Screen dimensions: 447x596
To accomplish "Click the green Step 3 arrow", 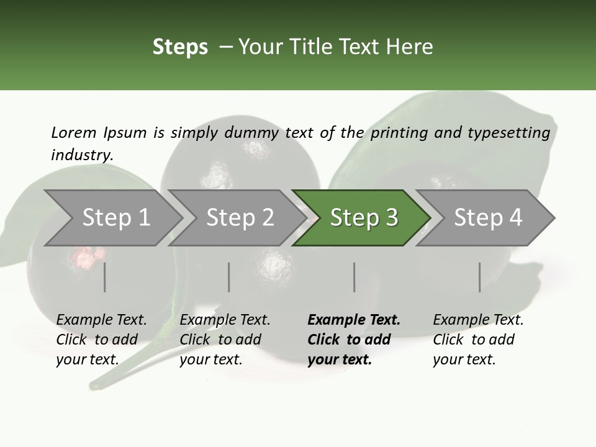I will coord(363,218).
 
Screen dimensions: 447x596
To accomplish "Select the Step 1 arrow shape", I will coord(115,218).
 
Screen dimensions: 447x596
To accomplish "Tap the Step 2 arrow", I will coord(240,218).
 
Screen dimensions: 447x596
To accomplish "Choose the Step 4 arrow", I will coord(487,218).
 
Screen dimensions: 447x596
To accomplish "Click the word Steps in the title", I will coord(180,47).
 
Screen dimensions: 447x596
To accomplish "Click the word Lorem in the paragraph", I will coord(74,132).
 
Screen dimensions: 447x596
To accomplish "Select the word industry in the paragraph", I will coord(82,155).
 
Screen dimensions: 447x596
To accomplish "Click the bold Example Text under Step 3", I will coord(354,320).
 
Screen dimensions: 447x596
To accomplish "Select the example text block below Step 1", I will coord(101,340).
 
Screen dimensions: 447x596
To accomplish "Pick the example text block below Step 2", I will coord(225,340).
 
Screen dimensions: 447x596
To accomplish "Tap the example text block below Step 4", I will coord(478,340).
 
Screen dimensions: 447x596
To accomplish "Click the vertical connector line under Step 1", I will coord(105,277).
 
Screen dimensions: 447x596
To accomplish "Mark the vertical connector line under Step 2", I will coord(229,277).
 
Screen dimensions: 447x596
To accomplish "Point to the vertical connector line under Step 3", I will coord(354,277).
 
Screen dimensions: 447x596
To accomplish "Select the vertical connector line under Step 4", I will coord(480,277).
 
